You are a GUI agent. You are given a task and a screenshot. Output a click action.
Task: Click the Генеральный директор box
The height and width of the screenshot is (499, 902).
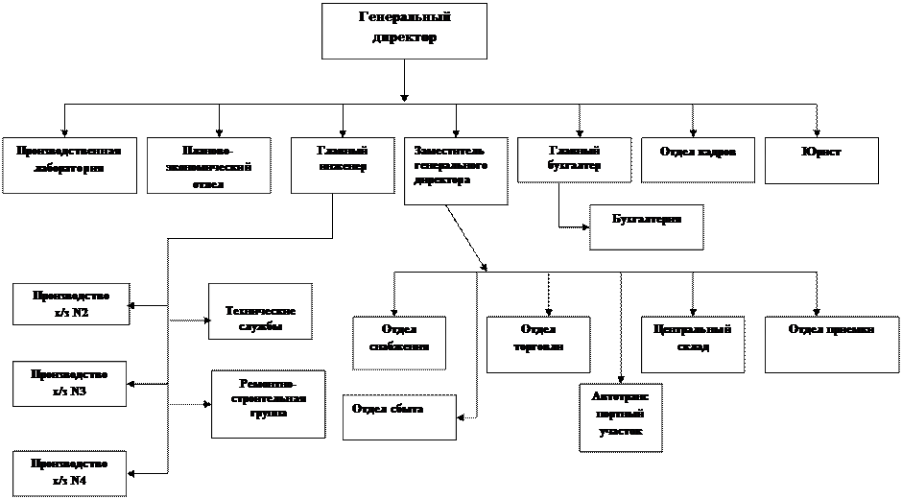pyautogui.click(x=404, y=31)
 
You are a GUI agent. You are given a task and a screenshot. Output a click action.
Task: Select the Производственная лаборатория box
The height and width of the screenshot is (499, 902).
pyautogui.click(x=68, y=165)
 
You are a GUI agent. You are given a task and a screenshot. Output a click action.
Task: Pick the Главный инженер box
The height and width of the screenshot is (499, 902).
pyautogui.click(x=343, y=159)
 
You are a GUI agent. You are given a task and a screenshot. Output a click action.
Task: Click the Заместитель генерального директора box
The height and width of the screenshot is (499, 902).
pyautogui.click(x=456, y=171)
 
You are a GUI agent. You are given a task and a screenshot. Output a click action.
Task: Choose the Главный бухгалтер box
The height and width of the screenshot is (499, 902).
pyautogui.click(x=574, y=159)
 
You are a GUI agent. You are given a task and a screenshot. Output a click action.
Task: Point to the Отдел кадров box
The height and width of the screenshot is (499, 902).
pyautogui.click(x=698, y=159)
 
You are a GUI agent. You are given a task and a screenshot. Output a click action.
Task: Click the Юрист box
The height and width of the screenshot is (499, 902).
pyautogui.click(x=821, y=160)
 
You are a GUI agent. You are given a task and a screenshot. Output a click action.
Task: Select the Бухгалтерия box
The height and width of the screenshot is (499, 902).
pyautogui.click(x=646, y=226)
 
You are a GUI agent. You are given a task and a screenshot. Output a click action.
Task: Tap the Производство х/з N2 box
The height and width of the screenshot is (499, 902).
pyautogui.click(x=70, y=303)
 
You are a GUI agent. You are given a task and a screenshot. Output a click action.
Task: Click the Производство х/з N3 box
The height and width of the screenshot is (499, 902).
pyautogui.click(x=69, y=383)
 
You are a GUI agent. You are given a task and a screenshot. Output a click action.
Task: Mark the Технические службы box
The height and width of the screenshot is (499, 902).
pyautogui.click(x=261, y=311)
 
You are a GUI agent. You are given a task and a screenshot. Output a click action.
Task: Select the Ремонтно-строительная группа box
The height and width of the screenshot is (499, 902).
pyautogui.click(x=268, y=404)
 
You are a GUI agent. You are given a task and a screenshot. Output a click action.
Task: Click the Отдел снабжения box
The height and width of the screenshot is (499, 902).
pyautogui.click(x=399, y=343)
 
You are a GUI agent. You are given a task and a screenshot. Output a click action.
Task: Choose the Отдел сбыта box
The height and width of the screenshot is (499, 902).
pyautogui.click(x=399, y=417)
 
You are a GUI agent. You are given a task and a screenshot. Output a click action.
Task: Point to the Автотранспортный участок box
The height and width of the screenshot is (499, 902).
pyautogui.click(x=621, y=417)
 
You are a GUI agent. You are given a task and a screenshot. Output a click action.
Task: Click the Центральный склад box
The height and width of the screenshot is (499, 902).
pyautogui.click(x=692, y=345)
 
